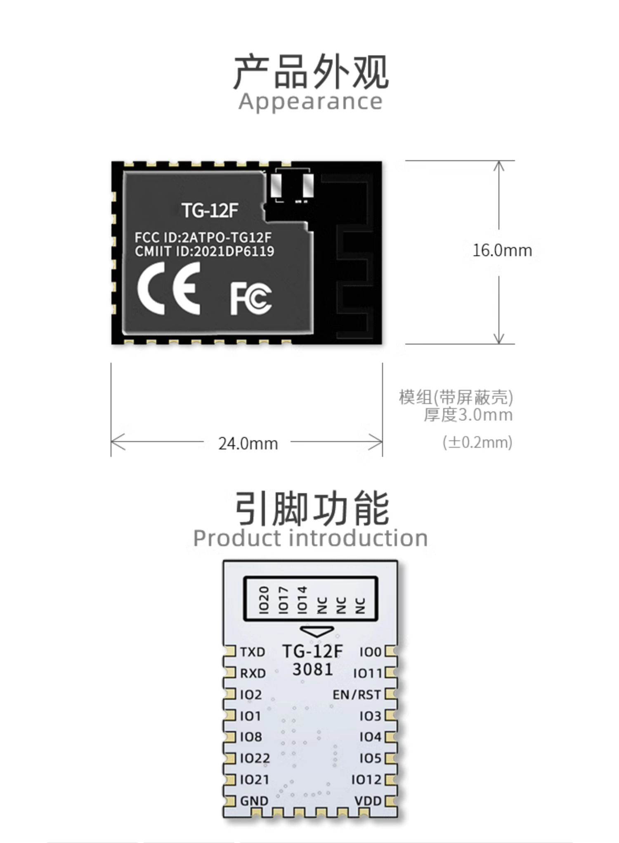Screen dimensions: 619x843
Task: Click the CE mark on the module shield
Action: click(x=168, y=289)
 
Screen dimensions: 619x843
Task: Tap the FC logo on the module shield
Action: click(x=251, y=298)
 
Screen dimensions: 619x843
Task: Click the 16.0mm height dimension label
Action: click(x=502, y=251)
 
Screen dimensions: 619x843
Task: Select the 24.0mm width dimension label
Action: click(x=248, y=444)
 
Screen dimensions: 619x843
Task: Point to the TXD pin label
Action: click(x=253, y=652)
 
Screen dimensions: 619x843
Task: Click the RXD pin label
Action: click(x=253, y=673)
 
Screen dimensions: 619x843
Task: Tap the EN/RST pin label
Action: click(x=357, y=695)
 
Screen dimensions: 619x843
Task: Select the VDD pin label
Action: click(x=368, y=801)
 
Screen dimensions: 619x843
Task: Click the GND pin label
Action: click(x=254, y=801)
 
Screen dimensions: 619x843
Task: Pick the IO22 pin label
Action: click(x=255, y=758)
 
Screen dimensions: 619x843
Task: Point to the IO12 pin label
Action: click(x=366, y=779)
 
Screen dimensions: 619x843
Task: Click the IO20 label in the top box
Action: click(x=264, y=600)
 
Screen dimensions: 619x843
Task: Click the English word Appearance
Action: click(x=310, y=101)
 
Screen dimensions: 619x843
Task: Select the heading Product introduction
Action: click(x=310, y=538)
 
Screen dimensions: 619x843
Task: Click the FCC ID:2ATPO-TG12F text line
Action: click(x=203, y=237)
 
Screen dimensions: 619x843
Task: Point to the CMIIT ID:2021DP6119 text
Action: click(x=204, y=251)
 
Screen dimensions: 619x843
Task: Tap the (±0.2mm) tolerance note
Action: click(x=477, y=442)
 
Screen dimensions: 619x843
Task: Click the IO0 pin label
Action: click(x=371, y=652)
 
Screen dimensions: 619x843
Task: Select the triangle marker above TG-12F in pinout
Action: click(x=317, y=631)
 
